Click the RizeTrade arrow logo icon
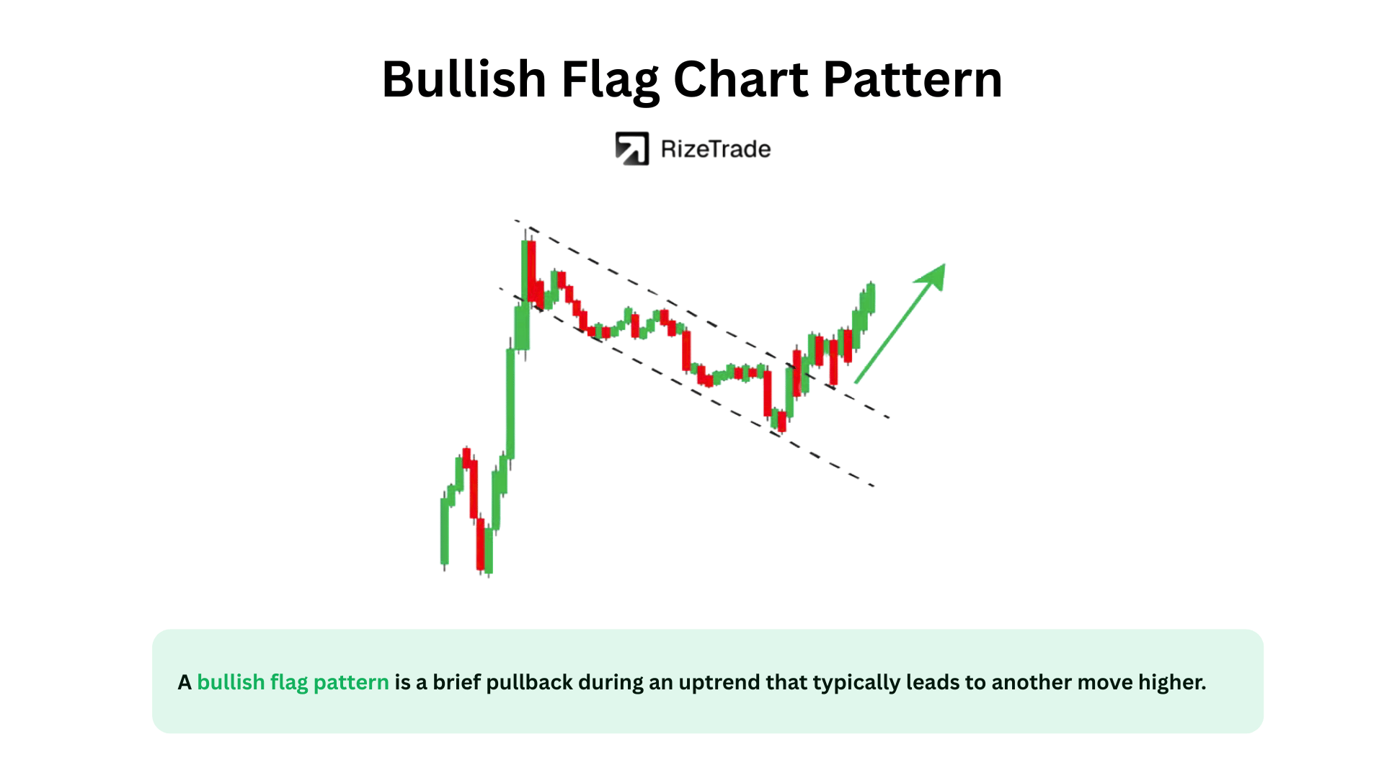pyautogui.click(x=631, y=148)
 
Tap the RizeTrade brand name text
pyautogui.click(x=716, y=149)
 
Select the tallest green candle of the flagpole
pyautogui.click(x=510, y=403)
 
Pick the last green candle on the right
pyautogui.click(x=871, y=298)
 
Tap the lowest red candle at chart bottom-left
pyautogui.click(x=481, y=544)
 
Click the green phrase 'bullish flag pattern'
pyautogui.click(x=293, y=682)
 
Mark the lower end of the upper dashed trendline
pyautogui.click(x=890, y=418)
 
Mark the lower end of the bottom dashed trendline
pyautogui.click(x=874, y=486)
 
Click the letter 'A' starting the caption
pyautogui.click(x=185, y=682)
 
